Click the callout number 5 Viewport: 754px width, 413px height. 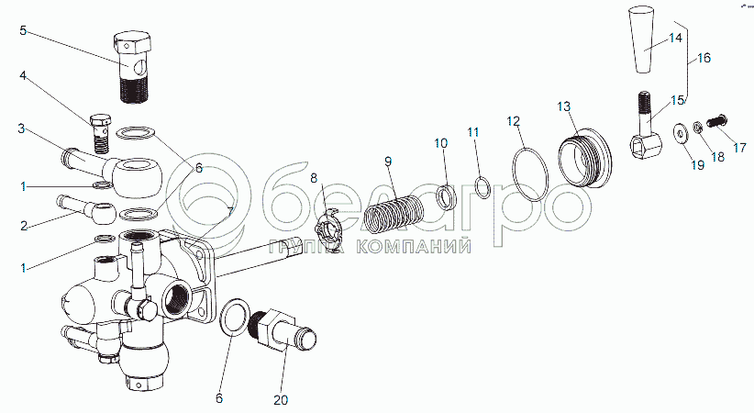(24, 30)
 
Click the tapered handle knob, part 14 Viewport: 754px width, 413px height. (647, 40)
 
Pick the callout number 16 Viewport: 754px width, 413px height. (704, 58)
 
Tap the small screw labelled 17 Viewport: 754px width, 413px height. (720, 119)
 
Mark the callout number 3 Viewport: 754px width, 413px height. (21, 128)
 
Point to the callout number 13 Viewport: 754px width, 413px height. (563, 107)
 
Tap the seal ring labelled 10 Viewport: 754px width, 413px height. (445, 196)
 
